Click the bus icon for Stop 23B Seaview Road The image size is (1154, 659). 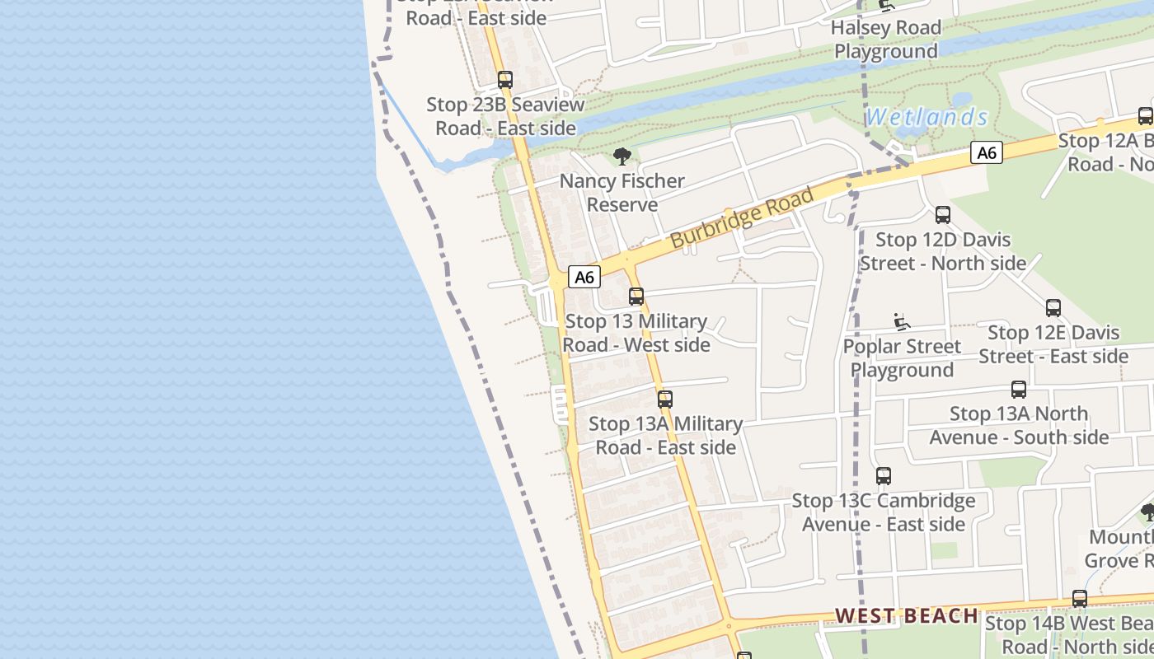coord(505,80)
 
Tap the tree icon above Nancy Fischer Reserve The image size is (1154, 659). coord(622,156)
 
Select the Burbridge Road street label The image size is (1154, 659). coord(742,217)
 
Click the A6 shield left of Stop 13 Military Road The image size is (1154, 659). coord(584,277)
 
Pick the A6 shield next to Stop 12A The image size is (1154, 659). coord(986,152)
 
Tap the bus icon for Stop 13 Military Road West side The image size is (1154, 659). coord(636,297)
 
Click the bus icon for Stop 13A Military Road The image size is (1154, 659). coord(665,400)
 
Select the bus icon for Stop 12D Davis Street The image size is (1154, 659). coord(943,215)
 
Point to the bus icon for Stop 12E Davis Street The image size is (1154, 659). coord(1053,308)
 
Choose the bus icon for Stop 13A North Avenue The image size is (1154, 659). coord(1019,390)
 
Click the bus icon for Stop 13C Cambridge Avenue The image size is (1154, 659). coord(884,476)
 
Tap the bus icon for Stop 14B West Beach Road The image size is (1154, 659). coord(1080,599)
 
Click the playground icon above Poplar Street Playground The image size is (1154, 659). coord(902,322)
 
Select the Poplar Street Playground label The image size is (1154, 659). coord(902,358)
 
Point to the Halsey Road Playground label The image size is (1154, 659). coord(885,40)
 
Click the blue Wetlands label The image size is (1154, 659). coord(926,117)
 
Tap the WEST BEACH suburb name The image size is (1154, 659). coord(907,615)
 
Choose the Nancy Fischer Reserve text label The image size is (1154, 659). coord(622,193)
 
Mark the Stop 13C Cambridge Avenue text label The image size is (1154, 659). coord(883,512)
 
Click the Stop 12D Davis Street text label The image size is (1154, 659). coord(943,251)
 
